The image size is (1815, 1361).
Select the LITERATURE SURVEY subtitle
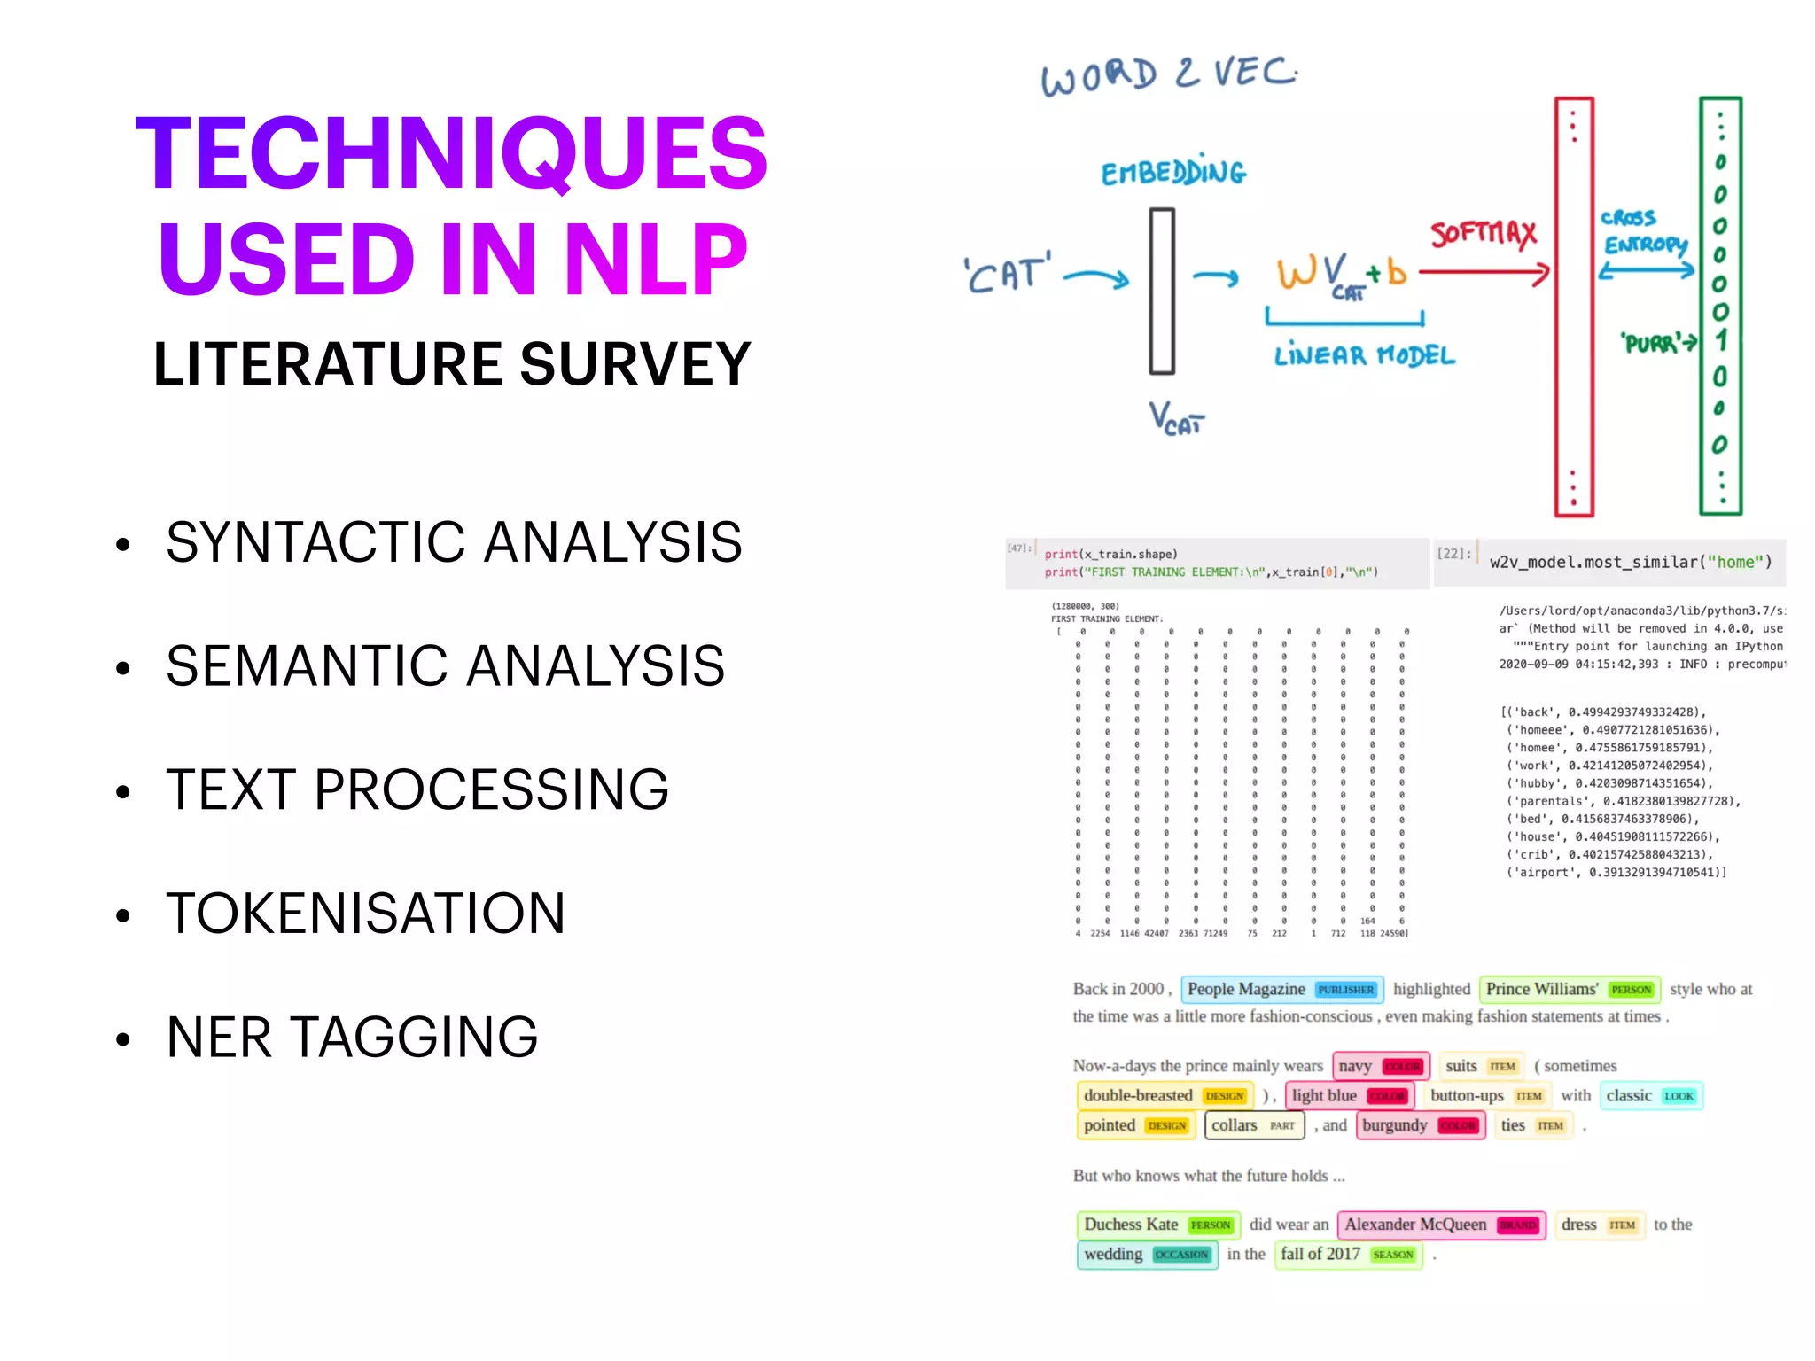pyautogui.click(x=452, y=364)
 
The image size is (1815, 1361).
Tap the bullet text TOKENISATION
pyautogui.click(x=365, y=914)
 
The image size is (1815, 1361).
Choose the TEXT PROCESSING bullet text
pyautogui.click(x=417, y=789)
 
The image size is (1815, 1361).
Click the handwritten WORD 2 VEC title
pyautogui.click(x=1168, y=75)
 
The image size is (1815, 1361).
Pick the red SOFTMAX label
pyautogui.click(x=1483, y=234)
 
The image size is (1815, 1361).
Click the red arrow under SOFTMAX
pyautogui.click(x=1484, y=272)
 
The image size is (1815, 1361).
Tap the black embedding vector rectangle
pyautogui.click(x=1162, y=291)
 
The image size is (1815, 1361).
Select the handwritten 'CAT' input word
pyautogui.click(x=1007, y=274)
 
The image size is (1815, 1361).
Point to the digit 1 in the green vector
pyautogui.click(x=1720, y=340)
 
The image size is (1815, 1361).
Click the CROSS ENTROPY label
pyautogui.click(x=1643, y=231)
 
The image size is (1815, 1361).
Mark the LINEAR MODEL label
pyautogui.click(x=1364, y=356)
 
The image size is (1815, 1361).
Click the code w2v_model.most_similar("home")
pyautogui.click(x=1630, y=562)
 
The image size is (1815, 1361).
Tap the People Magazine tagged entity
pyautogui.click(x=1281, y=989)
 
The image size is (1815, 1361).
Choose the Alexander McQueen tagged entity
pyautogui.click(x=1441, y=1225)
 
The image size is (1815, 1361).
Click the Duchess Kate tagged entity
pyautogui.click(x=1157, y=1225)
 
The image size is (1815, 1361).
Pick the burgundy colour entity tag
pyautogui.click(x=1420, y=1125)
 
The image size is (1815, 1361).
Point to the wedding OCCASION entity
pyautogui.click(x=1147, y=1254)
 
